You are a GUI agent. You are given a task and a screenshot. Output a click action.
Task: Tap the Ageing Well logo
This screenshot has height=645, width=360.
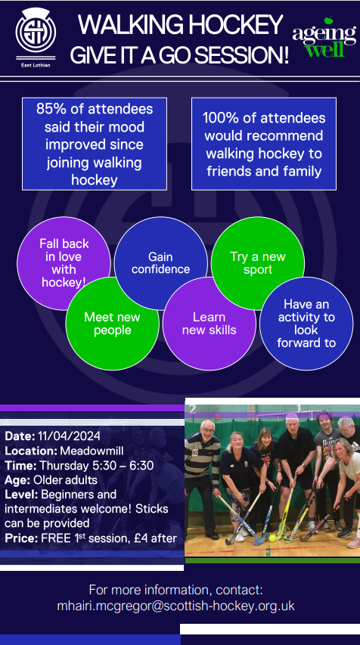coord(324,38)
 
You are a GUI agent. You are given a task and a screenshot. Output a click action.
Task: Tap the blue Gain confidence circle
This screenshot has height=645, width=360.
coord(160,263)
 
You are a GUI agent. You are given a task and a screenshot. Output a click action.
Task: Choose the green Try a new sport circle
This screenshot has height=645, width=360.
coord(258,262)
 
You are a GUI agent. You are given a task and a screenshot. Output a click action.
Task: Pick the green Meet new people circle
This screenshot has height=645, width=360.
coord(112,324)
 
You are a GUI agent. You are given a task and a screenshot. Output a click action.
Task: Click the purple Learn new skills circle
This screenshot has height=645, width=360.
coord(209,324)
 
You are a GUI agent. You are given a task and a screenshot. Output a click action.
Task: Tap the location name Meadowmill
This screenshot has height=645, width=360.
coord(88,451)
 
